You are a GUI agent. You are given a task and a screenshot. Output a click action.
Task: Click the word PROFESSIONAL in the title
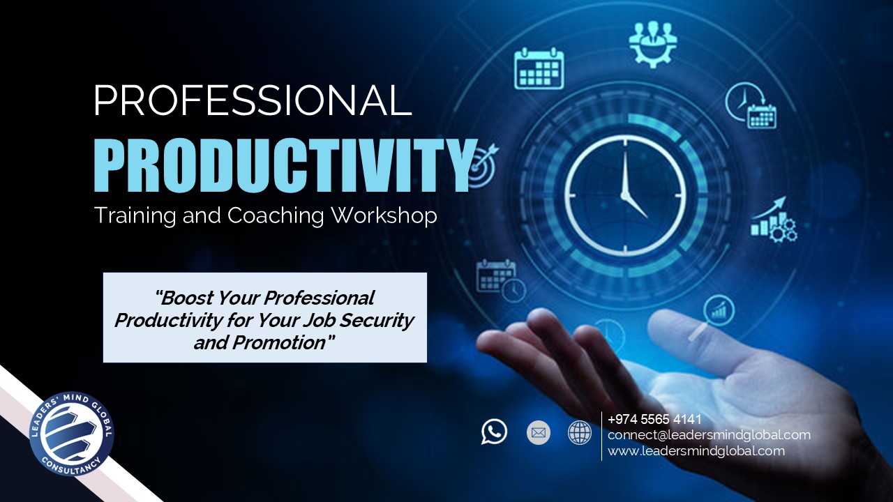tap(253, 100)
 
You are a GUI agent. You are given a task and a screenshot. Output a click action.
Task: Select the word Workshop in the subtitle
tap(384, 215)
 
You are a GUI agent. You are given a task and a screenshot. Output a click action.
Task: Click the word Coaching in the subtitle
tap(276, 216)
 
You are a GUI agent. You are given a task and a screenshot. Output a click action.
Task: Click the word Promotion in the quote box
tap(280, 342)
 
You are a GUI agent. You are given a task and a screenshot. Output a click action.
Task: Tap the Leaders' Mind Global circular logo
tap(72, 434)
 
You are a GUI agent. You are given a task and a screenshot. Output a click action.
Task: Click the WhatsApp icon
tap(494, 432)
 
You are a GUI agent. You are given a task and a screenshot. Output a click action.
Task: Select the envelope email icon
tap(538, 433)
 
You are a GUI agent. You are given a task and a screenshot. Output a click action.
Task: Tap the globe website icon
tap(580, 433)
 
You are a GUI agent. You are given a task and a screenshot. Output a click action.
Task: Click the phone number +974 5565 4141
tap(654, 419)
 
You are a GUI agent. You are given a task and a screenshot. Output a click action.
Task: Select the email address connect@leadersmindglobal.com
tap(710, 435)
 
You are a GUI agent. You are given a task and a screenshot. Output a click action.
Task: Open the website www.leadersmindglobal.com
tap(696, 451)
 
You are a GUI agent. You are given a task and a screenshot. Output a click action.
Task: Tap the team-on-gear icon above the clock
tap(652, 44)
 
